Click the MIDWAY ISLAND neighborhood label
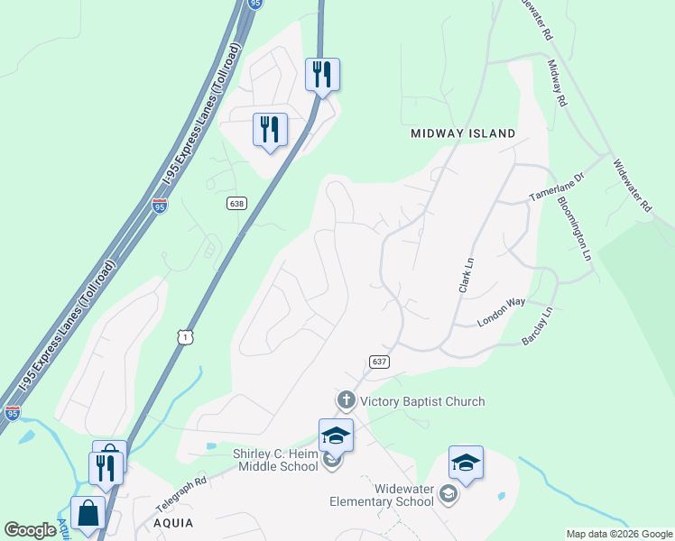[x=463, y=133]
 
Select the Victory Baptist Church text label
[x=422, y=401]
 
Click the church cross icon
[x=345, y=400]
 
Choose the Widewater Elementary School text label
[x=381, y=495]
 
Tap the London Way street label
[x=501, y=313]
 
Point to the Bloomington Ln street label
[x=574, y=229]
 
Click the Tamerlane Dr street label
[x=557, y=188]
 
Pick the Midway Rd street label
[x=557, y=84]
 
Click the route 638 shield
[x=236, y=204]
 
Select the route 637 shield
[x=379, y=361]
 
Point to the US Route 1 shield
[x=185, y=335]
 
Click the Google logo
[x=30, y=530]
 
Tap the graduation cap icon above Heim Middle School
[x=335, y=436]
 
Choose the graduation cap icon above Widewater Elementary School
[x=466, y=463]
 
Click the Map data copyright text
[x=619, y=534]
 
